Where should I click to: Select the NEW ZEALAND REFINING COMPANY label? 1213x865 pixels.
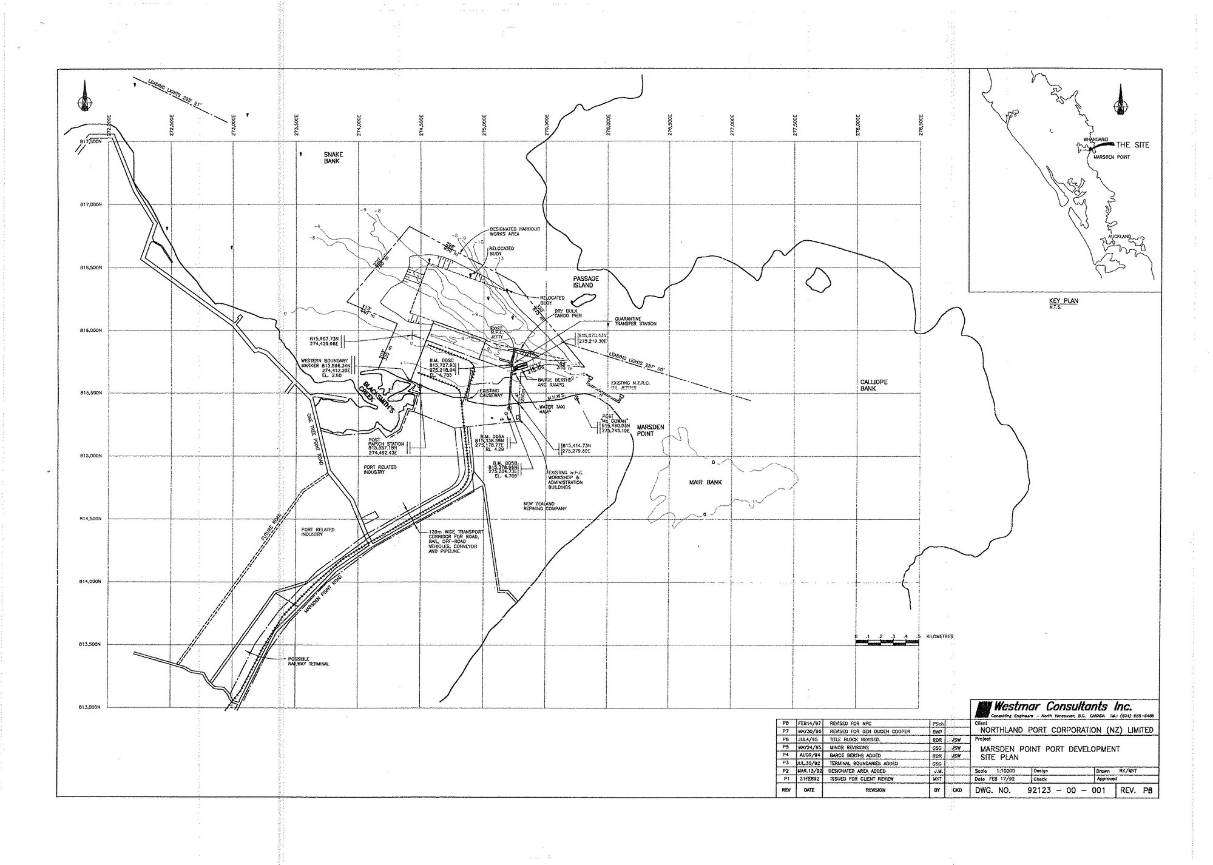(545, 507)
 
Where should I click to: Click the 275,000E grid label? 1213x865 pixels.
(484, 124)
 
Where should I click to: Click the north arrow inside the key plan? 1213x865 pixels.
(1118, 101)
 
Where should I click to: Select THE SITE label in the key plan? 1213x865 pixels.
(1132, 145)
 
